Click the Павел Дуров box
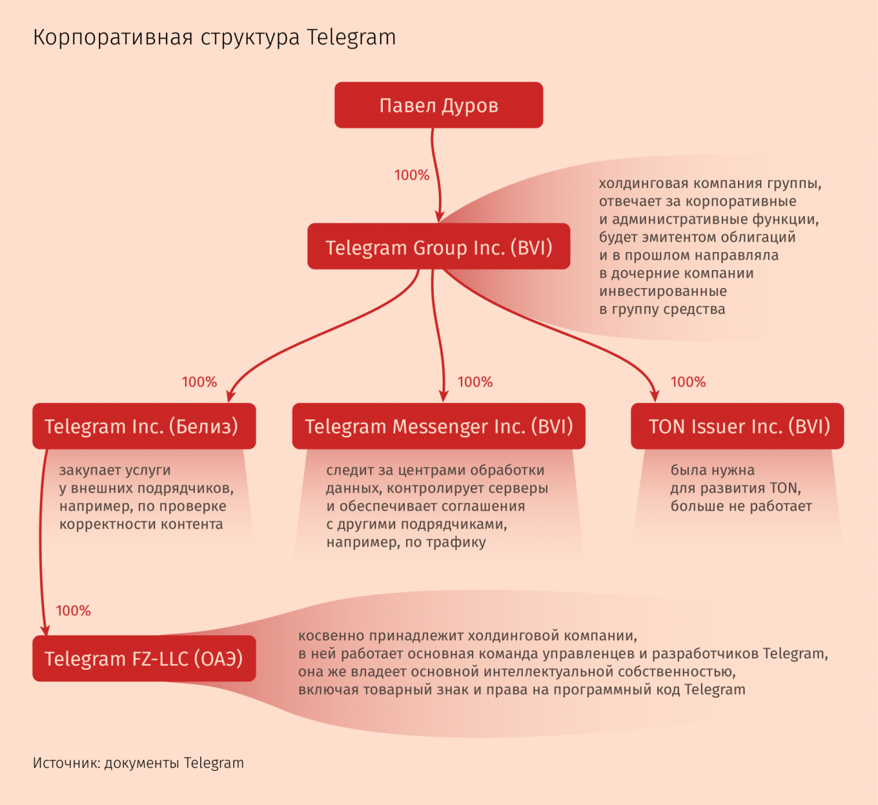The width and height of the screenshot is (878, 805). [438, 105]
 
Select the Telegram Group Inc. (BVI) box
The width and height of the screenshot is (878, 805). [438, 246]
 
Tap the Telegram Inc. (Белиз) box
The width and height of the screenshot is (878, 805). [144, 426]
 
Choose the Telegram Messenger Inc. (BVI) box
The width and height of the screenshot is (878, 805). [438, 426]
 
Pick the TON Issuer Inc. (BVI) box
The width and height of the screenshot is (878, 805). [737, 426]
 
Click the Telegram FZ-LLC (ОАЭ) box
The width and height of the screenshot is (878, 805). [144, 658]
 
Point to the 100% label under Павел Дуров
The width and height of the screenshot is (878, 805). [411, 175]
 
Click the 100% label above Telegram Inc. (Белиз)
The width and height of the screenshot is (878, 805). [199, 382]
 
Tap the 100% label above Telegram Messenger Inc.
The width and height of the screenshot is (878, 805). [475, 382]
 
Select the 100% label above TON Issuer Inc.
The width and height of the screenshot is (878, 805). [688, 382]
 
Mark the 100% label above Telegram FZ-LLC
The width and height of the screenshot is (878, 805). [73, 611]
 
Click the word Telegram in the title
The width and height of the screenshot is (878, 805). [351, 37]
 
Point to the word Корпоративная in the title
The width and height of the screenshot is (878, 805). [113, 37]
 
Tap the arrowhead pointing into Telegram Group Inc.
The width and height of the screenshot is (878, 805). [439, 216]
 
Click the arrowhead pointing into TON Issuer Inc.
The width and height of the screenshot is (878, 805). [655, 395]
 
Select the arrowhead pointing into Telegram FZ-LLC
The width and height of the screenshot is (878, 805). [46, 629]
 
